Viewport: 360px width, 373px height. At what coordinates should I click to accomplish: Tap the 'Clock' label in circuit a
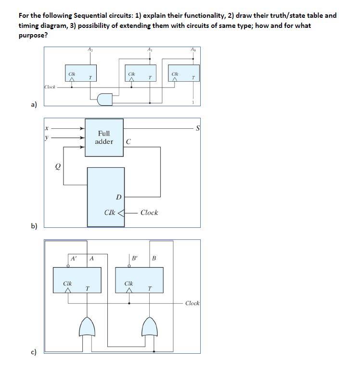[x=50, y=87]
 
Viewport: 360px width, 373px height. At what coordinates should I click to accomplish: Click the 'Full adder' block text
[x=104, y=137]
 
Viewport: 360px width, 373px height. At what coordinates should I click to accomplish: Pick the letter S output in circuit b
[x=197, y=128]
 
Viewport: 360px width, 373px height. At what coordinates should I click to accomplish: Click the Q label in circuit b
[x=58, y=166]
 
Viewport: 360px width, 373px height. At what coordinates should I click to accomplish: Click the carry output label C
[x=128, y=142]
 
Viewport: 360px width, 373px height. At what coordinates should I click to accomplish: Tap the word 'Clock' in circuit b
[x=149, y=212]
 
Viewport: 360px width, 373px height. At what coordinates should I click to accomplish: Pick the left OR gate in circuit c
[x=88, y=327]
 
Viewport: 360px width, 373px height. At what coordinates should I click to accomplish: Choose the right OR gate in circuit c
[x=150, y=327]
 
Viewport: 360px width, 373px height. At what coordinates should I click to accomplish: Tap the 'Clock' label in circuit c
[x=192, y=303]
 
